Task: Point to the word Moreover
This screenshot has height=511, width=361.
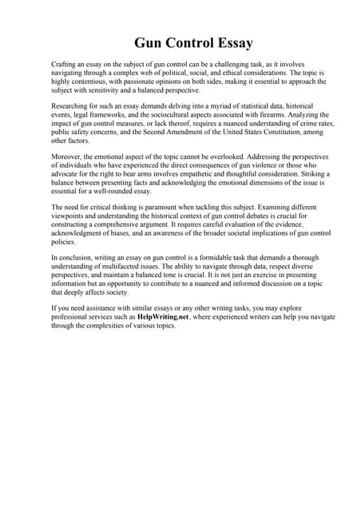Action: (x=68, y=157)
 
